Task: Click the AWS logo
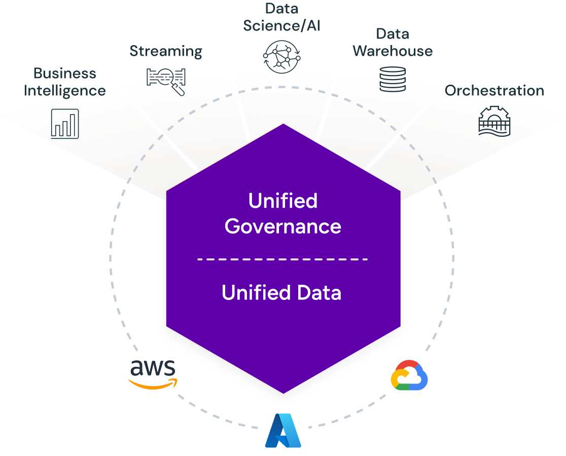153,374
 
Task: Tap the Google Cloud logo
409,375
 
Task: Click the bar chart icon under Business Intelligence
65,124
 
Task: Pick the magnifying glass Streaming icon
166,79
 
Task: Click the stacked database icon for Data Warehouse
393,79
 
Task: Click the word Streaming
166,51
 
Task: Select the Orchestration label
494,91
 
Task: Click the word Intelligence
65,91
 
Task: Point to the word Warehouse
393,51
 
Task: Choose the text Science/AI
282,25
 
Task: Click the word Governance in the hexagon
283,226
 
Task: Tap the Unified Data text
281,293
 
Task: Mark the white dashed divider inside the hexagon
283,259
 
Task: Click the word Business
65,73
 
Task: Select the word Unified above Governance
283,201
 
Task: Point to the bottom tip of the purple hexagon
283,392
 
